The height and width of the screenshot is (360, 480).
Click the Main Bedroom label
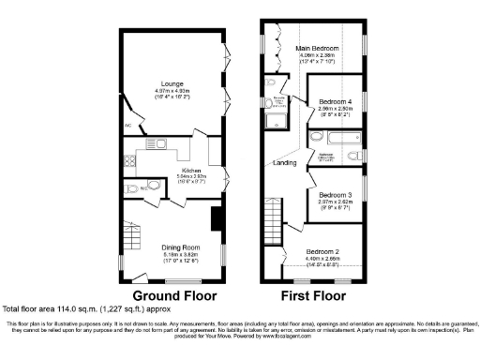(318, 48)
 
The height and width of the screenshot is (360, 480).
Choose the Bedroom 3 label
(336, 193)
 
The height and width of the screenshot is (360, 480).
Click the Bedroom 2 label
(323, 252)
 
